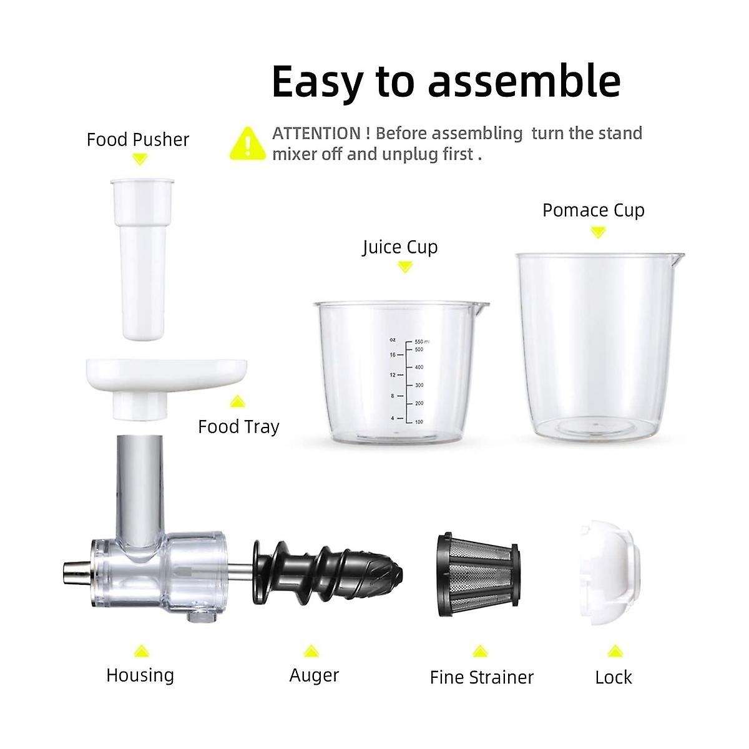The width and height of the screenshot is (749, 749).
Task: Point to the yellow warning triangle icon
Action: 248,143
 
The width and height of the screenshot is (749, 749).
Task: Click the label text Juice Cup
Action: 400,247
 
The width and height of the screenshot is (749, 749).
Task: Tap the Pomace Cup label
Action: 593,210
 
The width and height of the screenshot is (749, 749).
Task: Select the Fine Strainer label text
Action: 482,677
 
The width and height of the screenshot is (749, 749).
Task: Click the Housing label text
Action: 140,675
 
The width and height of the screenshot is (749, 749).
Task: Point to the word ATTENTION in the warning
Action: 316,133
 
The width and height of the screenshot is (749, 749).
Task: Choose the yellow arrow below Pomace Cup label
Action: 598,232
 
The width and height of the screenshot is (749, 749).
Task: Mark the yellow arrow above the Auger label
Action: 311,652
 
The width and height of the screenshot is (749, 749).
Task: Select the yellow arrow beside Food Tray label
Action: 237,402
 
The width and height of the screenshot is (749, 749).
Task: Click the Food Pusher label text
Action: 138,139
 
